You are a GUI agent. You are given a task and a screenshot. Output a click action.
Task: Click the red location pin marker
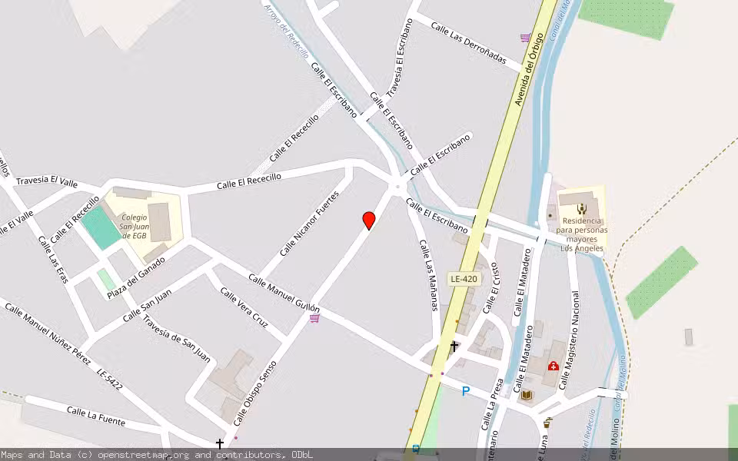pyautogui.click(x=369, y=221)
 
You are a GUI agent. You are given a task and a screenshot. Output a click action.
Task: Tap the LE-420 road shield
pyautogui.click(x=464, y=279)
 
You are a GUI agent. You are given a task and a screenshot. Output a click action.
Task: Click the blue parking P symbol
pyautogui.click(x=465, y=391)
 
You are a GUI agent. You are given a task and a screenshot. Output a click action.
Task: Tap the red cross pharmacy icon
pyautogui.click(x=553, y=366)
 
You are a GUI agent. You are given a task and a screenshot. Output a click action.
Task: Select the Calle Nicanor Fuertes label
pyautogui.click(x=309, y=224)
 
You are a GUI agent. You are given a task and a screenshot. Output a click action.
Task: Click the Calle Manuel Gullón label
pyautogui.click(x=284, y=293)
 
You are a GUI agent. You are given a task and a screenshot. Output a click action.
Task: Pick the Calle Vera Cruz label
pyautogui.click(x=244, y=307)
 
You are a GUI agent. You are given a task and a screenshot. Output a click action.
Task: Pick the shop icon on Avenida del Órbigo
pyautogui.click(x=525, y=37)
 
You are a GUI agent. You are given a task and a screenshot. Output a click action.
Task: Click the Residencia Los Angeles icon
pyautogui.click(x=581, y=208)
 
